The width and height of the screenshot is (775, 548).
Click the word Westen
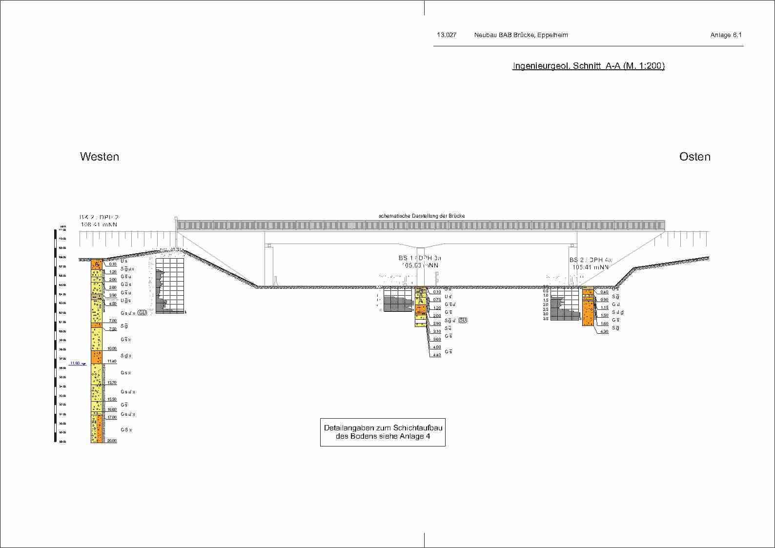pyautogui.click(x=100, y=157)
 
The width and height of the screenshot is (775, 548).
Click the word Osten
pyautogui.click(x=694, y=157)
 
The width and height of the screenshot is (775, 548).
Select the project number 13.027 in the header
pyautogui.click(x=447, y=35)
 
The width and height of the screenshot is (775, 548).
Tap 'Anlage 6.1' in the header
pyautogui.click(x=726, y=35)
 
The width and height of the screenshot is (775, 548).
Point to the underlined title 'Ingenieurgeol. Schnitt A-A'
pyautogui.click(x=588, y=66)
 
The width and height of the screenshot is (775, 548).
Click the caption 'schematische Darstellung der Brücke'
pyautogui.click(x=422, y=216)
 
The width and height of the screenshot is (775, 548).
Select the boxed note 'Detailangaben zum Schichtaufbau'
pyautogui.click(x=383, y=428)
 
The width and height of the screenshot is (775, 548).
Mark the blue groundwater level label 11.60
pyautogui.click(x=75, y=363)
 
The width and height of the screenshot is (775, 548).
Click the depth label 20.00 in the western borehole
pyautogui.click(x=112, y=441)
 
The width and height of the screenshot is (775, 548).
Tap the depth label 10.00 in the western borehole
pyautogui.click(x=112, y=348)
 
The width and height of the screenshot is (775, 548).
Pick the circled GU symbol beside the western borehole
pyautogui.click(x=142, y=312)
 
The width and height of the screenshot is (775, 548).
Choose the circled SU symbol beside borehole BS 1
pyautogui.click(x=463, y=320)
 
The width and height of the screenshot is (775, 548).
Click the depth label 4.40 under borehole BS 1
pyautogui.click(x=437, y=355)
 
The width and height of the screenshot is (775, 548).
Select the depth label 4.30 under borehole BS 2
pyautogui.click(x=604, y=332)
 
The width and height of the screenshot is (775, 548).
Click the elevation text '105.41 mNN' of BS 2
pyautogui.click(x=591, y=267)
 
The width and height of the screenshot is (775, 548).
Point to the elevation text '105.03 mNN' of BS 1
pyautogui.click(x=420, y=265)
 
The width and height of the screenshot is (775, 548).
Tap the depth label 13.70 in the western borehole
pyautogui.click(x=112, y=383)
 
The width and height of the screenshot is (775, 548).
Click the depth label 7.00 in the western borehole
pyautogui.click(x=112, y=321)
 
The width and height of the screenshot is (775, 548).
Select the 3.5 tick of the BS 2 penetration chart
pyautogui.click(x=546, y=319)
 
